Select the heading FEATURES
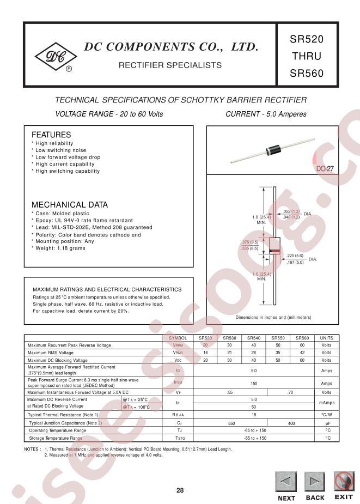point(51,135)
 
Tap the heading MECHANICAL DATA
point(69,205)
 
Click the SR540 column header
point(254,338)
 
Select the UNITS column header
point(326,338)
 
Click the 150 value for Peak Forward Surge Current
point(254,384)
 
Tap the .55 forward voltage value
point(230,392)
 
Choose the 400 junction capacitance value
point(291,423)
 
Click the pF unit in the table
point(327,423)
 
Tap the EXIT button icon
point(343,481)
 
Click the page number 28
point(180,490)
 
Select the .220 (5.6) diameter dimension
point(295,256)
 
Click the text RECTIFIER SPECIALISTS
point(170,65)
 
